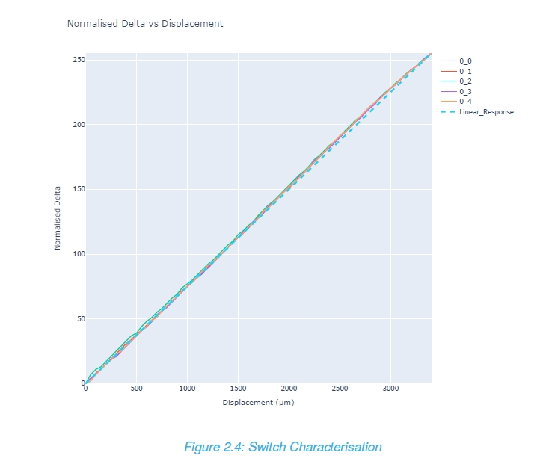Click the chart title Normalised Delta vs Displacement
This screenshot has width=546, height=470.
pyautogui.click(x=145, y=24)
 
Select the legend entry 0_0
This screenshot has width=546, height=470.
pyautogui.click(x=465, y=60)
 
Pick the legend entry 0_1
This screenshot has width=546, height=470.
pyautogui.click(x=465, y=70)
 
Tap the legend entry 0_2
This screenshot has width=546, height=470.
pyautogui.click(x=465, y=81)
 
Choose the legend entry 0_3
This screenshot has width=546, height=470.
pyautogui.click(x=465, y=91)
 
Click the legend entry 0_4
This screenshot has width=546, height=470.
pyautogui.click(x=465, y=101)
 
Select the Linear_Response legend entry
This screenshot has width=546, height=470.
pyautogui.click(x=486, y=111)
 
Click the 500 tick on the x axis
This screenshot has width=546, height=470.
pyautogui.click(x=136, y=389)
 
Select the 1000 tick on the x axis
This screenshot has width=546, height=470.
pyautogui.click(x=187, y=389)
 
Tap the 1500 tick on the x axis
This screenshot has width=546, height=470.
pyautogui.click(x=238, y=389)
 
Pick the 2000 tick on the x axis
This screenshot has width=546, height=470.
pyautogui.click(x=289, y=389)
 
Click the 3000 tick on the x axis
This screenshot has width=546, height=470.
pyautogui.click(x=390, y=389)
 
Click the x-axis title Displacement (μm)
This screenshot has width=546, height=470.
pyautogui.click(x=258, y=403)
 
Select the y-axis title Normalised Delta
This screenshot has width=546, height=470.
pyautogui.click(x=58, y=218)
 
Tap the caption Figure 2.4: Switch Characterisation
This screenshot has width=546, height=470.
pyautogui.click(x=283, y=448)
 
